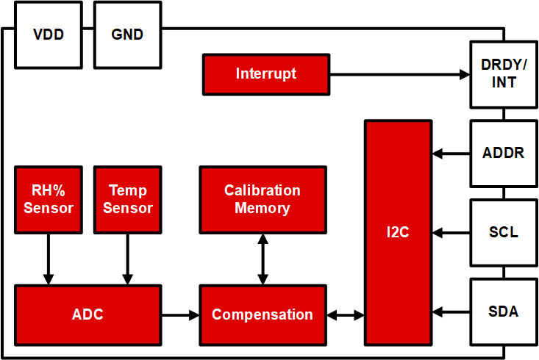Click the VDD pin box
[49, 35]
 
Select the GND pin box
[127, 35]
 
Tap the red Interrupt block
[266, 74]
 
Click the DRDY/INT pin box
[504, 74]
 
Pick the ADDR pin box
[504, 154]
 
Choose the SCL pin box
[504, 233]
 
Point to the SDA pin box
[504, 312]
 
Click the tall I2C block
[399, 233]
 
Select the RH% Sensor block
[49, 200]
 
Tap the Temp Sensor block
[127, 200]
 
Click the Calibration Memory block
[263, 200]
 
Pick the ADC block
[88, 315]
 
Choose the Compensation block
[263, 315]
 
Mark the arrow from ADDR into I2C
[451, 154]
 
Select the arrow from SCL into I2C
[451, 233]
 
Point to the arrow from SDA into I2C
[451, 312]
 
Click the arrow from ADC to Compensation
[180, 315]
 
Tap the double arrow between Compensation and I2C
[346, 315]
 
